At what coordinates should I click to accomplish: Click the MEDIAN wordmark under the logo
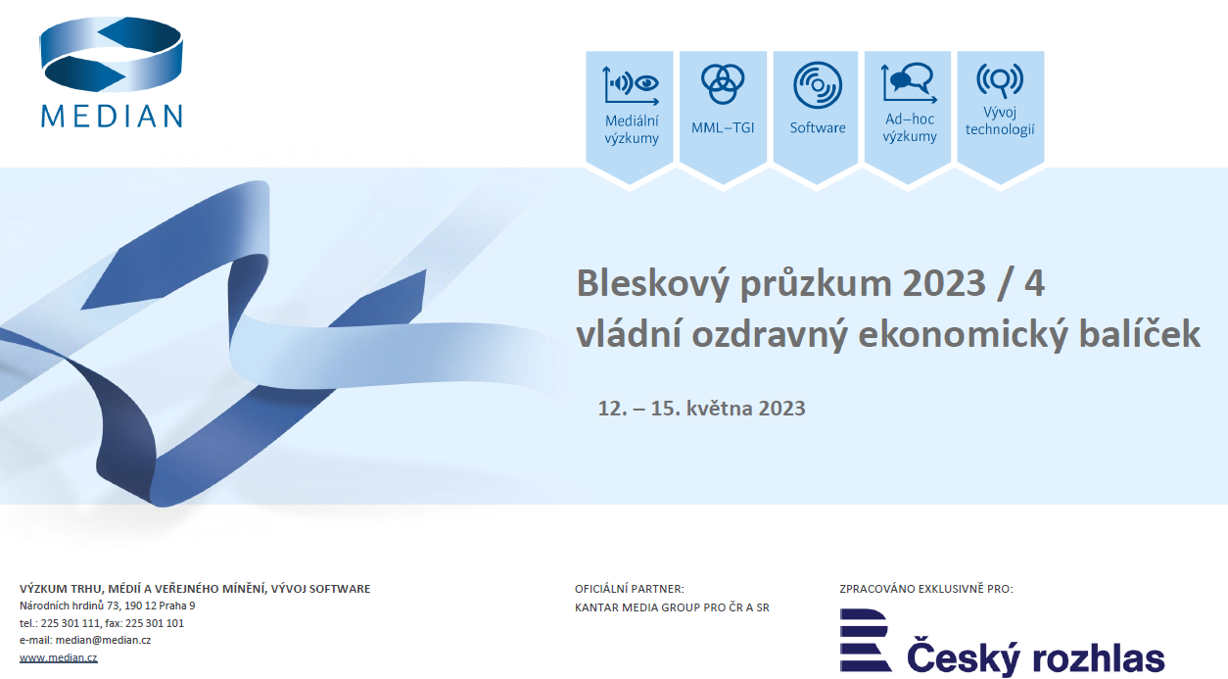(112, 117)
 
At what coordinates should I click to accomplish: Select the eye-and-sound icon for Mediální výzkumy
(631, 85)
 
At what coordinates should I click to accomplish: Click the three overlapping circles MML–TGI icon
(723, 84)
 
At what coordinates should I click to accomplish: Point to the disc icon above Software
(817, 85)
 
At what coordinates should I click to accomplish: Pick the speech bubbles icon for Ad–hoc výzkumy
(909, 83)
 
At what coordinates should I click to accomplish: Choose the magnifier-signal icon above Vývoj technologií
(1000, 80)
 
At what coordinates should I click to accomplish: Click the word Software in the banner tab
(818, 127)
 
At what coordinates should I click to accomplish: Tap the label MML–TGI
(723, 127)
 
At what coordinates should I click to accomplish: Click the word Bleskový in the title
(653, 284)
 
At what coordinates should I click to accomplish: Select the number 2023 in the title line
(944, 283)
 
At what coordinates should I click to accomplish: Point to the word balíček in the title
(1139, 334)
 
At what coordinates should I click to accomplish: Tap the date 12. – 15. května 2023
(701, 408)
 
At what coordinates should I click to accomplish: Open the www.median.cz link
(58, 657)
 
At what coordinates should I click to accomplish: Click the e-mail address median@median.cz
(103, 640)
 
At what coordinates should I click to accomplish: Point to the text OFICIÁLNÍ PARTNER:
(630, 589)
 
